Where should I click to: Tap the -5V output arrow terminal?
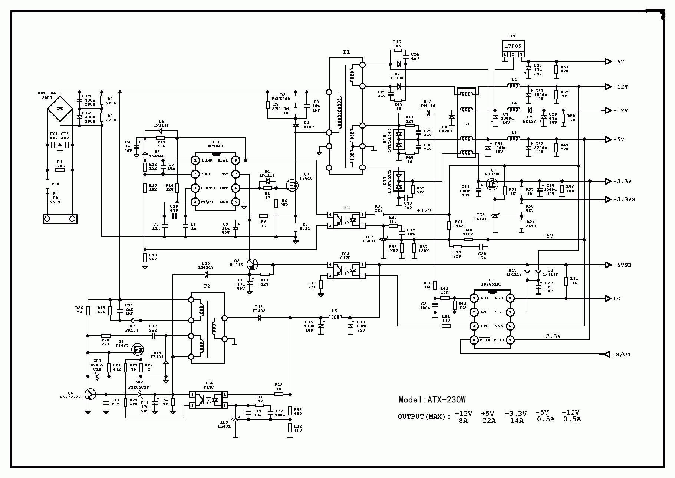(608, 62)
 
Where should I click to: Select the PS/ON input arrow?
(607, 354)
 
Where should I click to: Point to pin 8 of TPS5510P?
(510, 298)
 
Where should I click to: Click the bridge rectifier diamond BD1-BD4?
(59, 110)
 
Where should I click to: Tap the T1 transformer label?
(346, 52)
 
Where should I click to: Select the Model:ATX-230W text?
(432, 400)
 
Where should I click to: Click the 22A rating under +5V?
(489, 421)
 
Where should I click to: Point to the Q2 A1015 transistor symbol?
(252, 265)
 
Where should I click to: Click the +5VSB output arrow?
(608, 265)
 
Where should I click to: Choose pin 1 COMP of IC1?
(195, 160)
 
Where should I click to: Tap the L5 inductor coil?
(336, 317)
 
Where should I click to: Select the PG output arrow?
(608, 298)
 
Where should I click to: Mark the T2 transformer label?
(207, 286)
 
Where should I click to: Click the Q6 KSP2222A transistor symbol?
(90, 394)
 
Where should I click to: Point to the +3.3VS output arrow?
(608, 199)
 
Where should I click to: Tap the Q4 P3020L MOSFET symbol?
(493, 184)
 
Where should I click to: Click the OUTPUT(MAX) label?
(424, 416)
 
